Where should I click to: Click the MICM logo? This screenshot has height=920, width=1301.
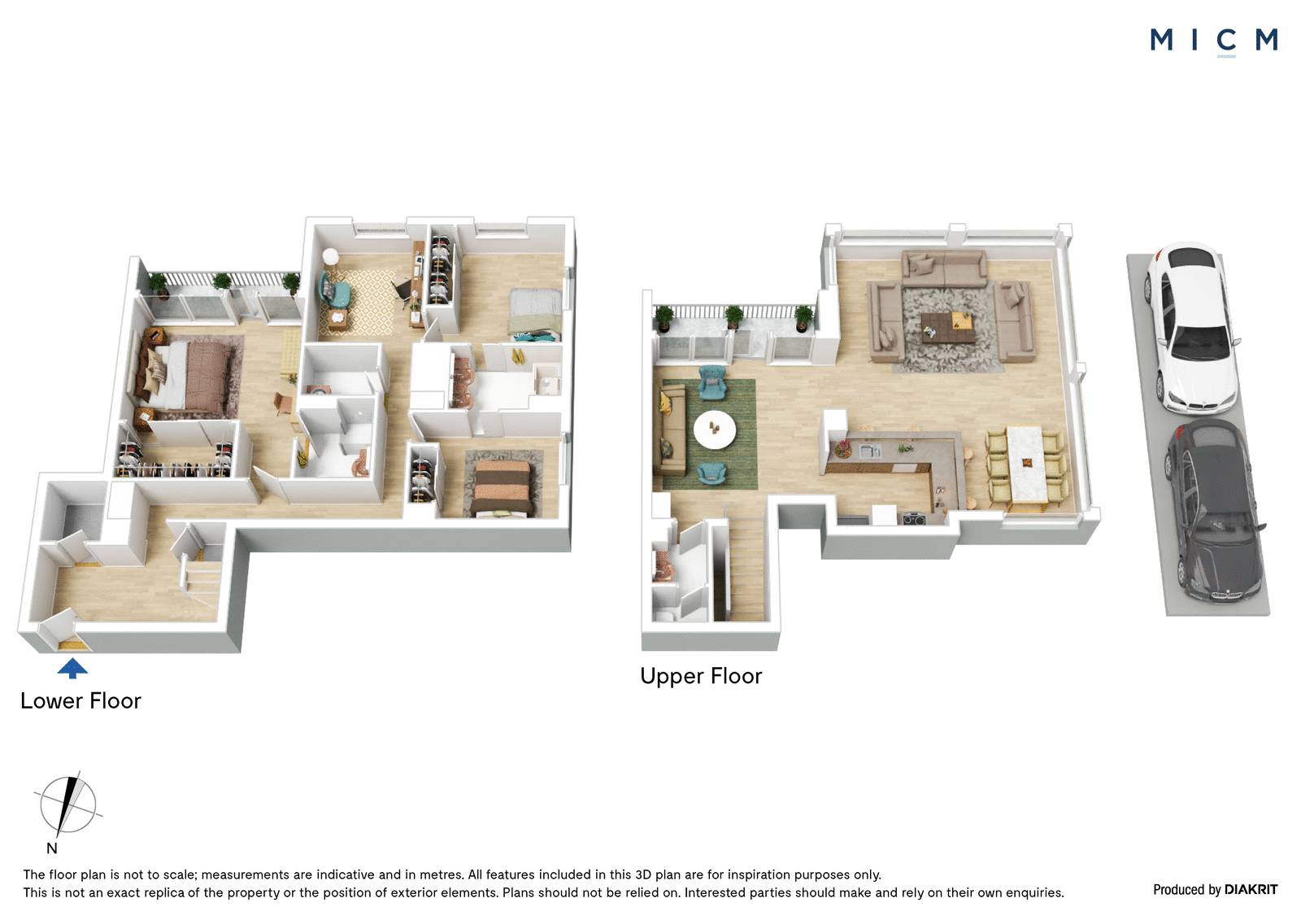1213,40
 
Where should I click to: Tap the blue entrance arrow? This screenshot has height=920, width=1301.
72,668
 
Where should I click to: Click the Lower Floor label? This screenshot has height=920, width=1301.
80,701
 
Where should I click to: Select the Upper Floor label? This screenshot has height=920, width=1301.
701,676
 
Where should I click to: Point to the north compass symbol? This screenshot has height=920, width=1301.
68,805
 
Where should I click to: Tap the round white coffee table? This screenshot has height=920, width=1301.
715,430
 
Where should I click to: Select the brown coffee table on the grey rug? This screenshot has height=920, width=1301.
947,328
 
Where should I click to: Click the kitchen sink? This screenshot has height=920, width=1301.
870,450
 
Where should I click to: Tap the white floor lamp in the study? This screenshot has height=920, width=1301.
330,256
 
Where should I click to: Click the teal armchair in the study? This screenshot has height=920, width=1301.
334,290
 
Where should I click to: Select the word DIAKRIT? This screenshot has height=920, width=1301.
1251,889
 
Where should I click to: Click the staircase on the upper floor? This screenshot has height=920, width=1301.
746,569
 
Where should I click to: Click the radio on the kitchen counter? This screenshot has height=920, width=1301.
914,518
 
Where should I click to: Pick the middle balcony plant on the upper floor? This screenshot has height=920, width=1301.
734,317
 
